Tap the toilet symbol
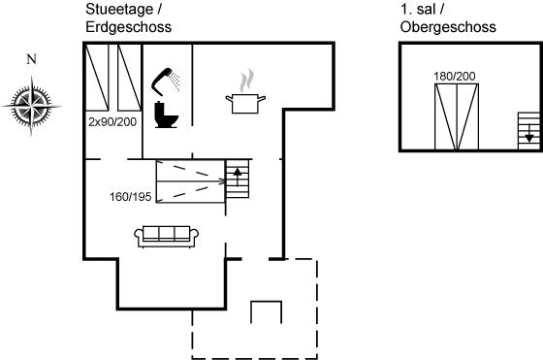[166, 115]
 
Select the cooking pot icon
[245, 104]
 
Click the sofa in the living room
[166, 237]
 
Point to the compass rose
[31, 106]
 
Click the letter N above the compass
[31, 59]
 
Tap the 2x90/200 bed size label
[112, 122]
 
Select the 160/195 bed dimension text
[131, 197]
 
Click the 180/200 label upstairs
[455, 77]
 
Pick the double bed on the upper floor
[457, 116]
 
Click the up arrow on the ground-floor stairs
[238, 177]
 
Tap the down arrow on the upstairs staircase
[528, 133]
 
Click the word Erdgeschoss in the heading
[128, 27]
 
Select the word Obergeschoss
[448, 27]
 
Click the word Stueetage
[119, 10]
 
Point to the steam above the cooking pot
[246, 81]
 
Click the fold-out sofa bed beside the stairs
[190, 181]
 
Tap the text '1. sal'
[418, 10]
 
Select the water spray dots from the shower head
[176, 82]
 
